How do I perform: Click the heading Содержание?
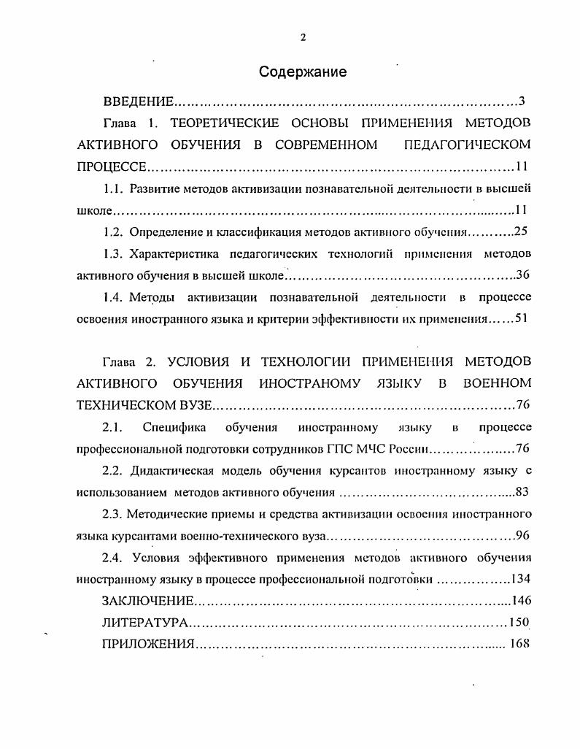tap(303, 72)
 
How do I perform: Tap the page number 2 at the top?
tap(303, 37)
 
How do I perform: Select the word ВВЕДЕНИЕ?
tap(139, 101)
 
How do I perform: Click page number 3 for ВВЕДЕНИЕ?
tap(522, 101)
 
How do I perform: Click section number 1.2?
tap(113, 232)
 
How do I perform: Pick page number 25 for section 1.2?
tap(521, 232)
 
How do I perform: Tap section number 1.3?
tap(113, 254)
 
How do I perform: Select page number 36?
tap(522, 275)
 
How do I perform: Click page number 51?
tap(521, 318)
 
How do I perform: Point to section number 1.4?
tap(113, 297)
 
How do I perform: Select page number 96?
tap(522, 535)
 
